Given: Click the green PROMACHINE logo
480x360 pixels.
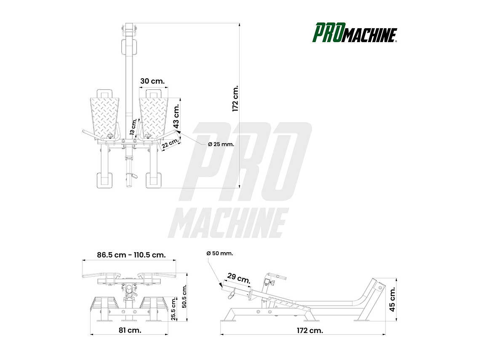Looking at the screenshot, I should coord(355,33).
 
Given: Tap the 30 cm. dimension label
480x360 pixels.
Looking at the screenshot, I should coord(152,81).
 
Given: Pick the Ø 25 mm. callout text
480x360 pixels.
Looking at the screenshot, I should coord(221,144).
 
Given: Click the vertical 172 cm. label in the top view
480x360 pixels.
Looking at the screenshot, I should coord(235,99).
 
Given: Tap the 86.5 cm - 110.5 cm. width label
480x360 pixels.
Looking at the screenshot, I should coord(131,255).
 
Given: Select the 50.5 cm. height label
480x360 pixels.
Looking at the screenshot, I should coord(184,296).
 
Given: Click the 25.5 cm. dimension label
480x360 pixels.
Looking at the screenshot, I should coord(173,309).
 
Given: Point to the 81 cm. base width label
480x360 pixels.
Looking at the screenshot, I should coord(130,330).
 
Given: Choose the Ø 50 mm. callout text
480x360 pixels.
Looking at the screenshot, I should coord(219,253).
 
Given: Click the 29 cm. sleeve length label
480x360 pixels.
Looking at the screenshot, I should coord(238,278).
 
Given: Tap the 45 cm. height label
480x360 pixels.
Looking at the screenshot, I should coord(392,299).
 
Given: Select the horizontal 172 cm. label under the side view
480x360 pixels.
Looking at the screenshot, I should coord(310,330).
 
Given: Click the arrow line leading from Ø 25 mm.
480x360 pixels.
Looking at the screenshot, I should coord(193,139).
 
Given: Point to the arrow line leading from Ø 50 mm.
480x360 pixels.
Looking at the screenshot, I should coord(214,272).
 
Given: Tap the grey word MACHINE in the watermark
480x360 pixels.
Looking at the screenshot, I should coord(228,223).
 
